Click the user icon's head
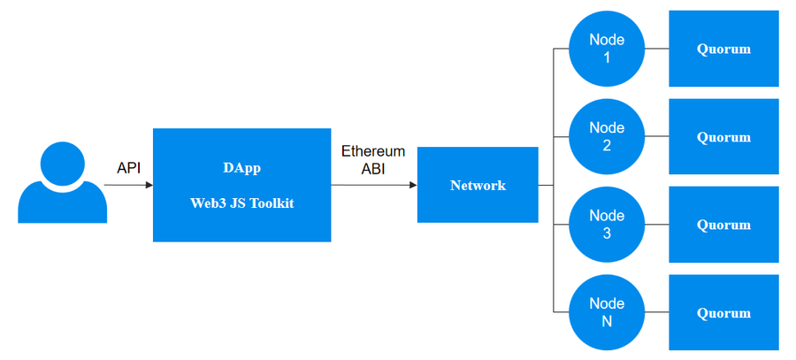coord(63,165)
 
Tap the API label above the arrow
coord(128,168)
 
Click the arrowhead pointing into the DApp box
coord(149,186)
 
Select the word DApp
coord(241,168)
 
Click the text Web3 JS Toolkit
coord(242,203)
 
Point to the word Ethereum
coord(373,151)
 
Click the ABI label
coord(373,170)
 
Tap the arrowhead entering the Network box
coord(413,186)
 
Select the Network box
coord(478,185)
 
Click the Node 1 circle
coord(607,49)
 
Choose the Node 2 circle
coord(607,136)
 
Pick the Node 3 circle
coord(607,225)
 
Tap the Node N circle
coord(607,312)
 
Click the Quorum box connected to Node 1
coord(723,49)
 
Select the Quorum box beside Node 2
coord(723,136)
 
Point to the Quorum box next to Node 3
coord(723,225)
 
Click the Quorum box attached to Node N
coord(723,312)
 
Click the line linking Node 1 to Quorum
coord(657,49)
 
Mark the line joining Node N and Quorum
coord(657,312)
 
